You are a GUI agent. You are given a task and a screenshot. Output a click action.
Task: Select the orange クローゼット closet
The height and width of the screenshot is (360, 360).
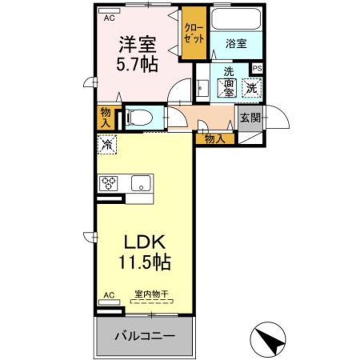[x=194, y=33]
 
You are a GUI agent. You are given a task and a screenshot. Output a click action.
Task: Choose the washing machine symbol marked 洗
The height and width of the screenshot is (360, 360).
[x=252, y=88]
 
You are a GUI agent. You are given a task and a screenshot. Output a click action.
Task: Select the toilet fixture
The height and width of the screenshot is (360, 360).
[x=137, y=117]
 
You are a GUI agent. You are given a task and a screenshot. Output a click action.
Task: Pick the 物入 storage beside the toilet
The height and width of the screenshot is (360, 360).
[x=105, y=118]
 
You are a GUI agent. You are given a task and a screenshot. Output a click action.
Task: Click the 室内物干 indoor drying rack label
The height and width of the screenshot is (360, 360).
[x=151, y=294]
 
